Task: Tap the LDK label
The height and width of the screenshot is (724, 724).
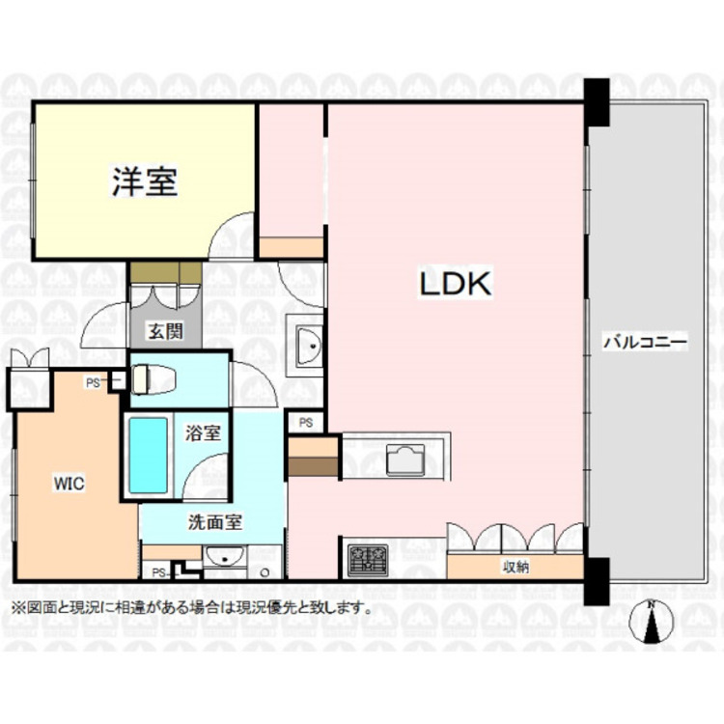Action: pos(455,284)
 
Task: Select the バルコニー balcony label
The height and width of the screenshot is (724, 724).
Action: pos(644,342)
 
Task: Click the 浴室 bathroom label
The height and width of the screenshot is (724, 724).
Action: pos(203,432)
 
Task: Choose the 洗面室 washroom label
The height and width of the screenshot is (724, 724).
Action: pos(213,521)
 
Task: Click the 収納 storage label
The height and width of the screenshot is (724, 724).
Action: pos(514,568)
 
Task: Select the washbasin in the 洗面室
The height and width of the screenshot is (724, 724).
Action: pos(224,557)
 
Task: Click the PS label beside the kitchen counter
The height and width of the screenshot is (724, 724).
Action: pos(305,422)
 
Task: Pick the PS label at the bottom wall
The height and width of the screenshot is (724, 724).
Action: pos(158,572)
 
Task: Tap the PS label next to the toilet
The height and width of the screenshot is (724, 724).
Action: pos(93,383)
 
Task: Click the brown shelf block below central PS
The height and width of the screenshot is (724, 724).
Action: pos(313,458)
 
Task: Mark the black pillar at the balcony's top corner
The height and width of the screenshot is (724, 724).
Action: pos(596,102)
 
